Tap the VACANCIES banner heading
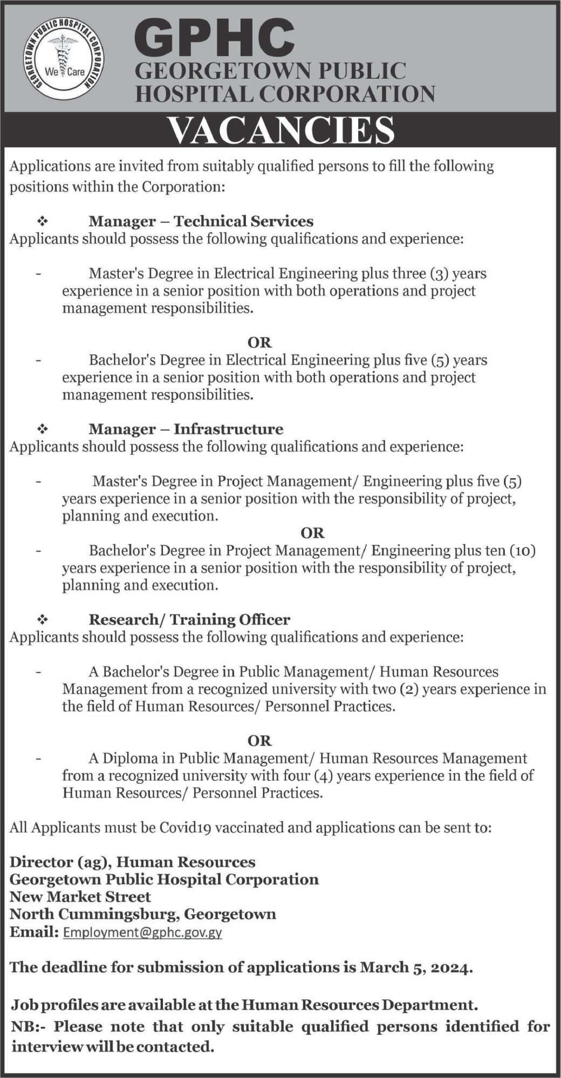click(x=280, y=131)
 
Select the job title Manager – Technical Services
click(x=201, y=221)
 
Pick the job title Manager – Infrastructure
click(x=186, y=429)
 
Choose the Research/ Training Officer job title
click(x=189, y=620)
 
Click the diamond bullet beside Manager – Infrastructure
click(x=42, y=429)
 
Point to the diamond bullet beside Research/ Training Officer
click(x=42, y=620)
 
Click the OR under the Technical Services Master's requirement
click(x=259, y=342)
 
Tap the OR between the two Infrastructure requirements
click(x=313, y=533)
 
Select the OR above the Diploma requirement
click(x=259, y=740)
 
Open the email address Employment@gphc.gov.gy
click(x=142, y=932)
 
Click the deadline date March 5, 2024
click(x=416, y=967)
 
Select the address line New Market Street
click(x=80, y=897)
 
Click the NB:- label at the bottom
click(x=30, y=1026)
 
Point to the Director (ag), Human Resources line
click(x=132, y=862)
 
